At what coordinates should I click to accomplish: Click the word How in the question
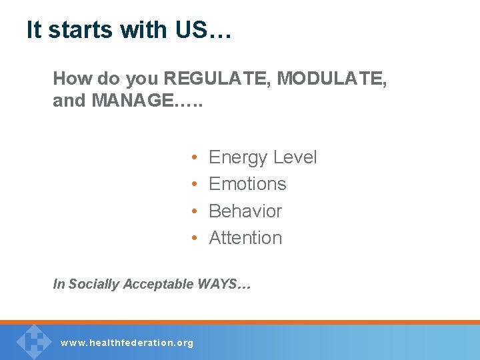pos(70,79)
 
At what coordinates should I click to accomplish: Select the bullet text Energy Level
pos(263,157)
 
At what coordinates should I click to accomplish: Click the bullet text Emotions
pos(247,184)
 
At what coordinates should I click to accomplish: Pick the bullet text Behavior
pos(245,211)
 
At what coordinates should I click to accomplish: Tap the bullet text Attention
pos(245,237)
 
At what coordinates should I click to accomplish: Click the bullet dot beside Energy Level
pos(193,158)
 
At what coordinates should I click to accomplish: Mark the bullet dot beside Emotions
pos(193,185)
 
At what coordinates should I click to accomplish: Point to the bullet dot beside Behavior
pos(193,211)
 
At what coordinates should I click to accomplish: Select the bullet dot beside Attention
pos(193,238)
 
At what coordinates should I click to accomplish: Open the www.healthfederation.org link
pos(127,343)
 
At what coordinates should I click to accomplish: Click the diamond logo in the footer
pos(34,341)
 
